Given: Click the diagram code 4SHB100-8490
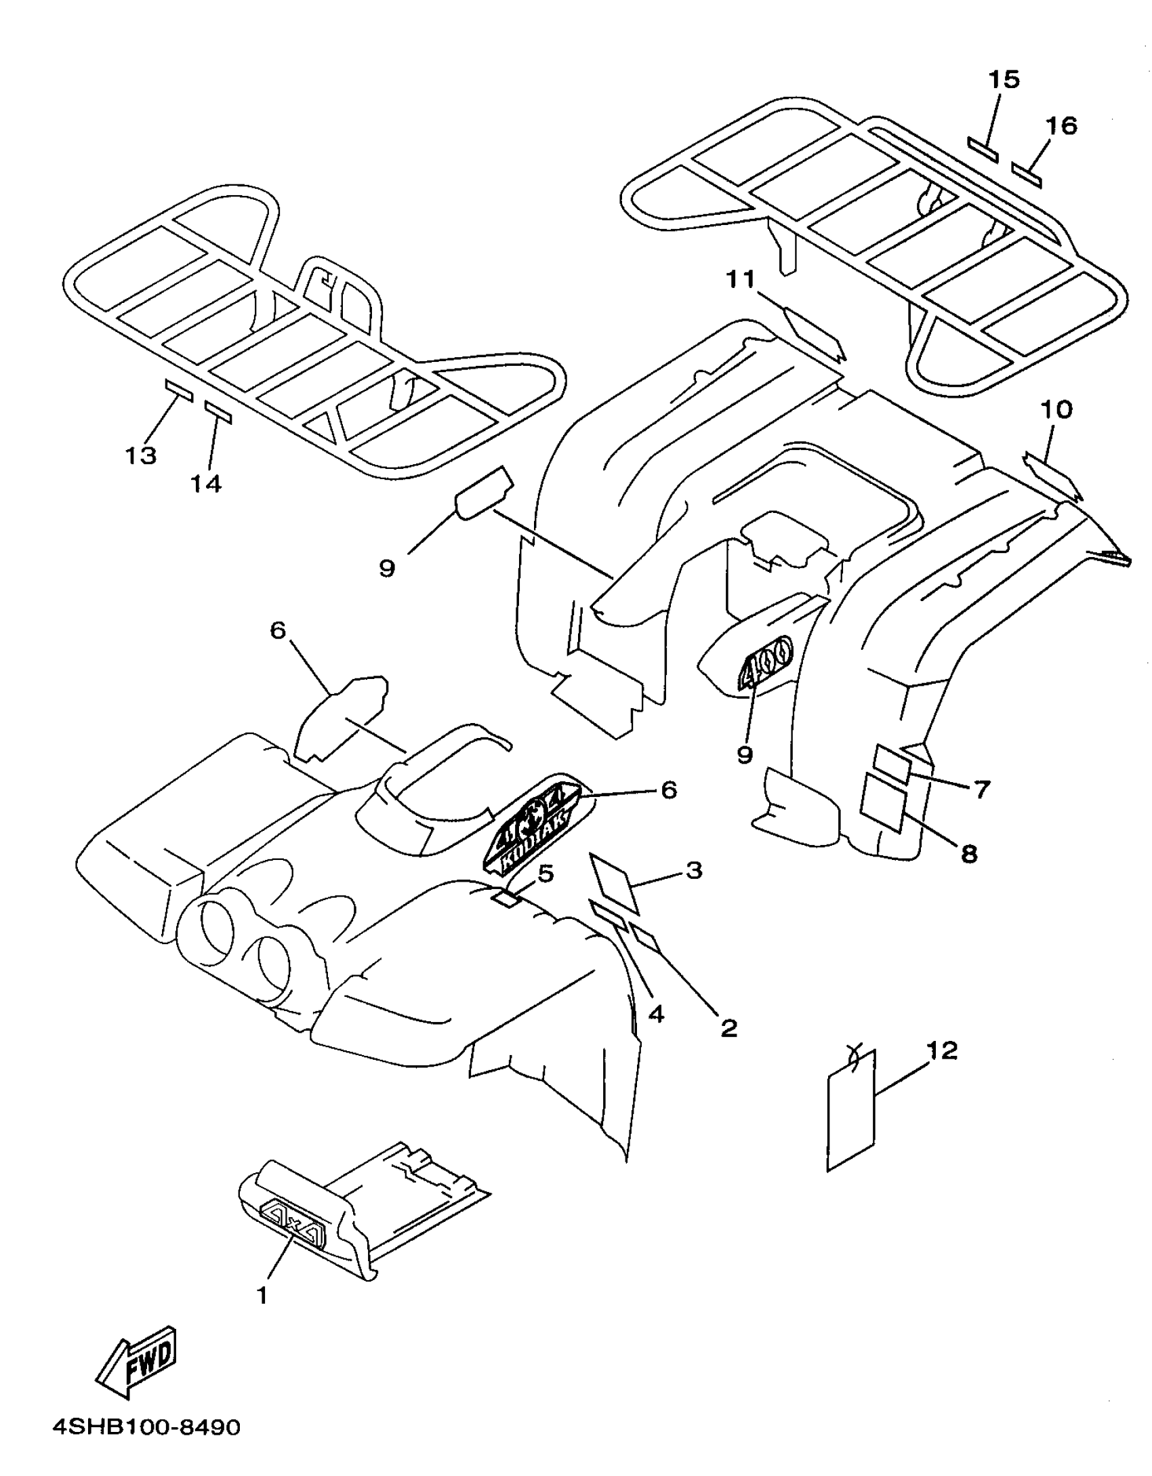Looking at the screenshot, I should click(146, 1446).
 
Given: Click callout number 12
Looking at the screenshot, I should click(942, 1051).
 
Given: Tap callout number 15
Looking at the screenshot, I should click(1004, 80).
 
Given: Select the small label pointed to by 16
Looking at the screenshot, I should click(1027, 175).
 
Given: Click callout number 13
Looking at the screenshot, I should click(141, 455).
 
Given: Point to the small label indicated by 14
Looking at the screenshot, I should click(218, 412).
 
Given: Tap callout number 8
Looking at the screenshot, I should click(970, 854).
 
